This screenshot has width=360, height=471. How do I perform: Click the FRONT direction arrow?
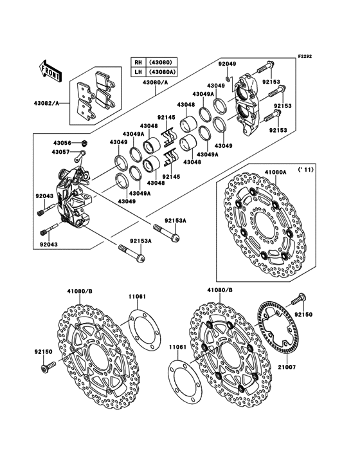pyautogui.click(x=50, y=71)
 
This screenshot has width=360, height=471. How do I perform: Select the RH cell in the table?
pyautogui.click(x=138, y=62)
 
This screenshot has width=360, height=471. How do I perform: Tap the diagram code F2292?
pyautogui.click(x=305, y=56)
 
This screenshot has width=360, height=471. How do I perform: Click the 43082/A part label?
pyautogui.click(x=46, y=103)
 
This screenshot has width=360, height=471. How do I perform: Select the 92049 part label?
pyautogui.click(x=227, y=64)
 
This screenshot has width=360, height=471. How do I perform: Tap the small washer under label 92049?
pyautogui.click(x=228, y=79)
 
